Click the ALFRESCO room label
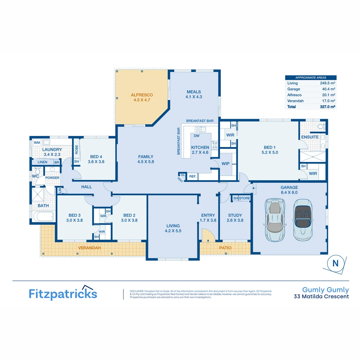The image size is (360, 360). (x=142, y=95)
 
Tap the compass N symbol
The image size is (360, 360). (x=335, y=263)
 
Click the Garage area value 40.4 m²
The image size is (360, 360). (x=329, y=89)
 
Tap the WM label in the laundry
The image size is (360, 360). (x=37, y=143)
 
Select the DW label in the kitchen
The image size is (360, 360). (x=197, y=136)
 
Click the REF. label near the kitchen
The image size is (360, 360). (x=193, y=176)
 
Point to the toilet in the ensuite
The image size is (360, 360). (x=321, y=126)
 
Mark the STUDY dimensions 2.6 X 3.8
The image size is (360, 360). (x=235, y=220)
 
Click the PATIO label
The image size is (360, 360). (x=225, y=248)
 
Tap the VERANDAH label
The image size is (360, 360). (x=89, y=248)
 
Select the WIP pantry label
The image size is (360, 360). (x=225, y=163)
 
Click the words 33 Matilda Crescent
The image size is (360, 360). (x=321, y=296)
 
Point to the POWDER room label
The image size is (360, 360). (x=52, y=178)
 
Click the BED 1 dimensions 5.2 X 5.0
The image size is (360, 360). (x=271, y=152)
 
